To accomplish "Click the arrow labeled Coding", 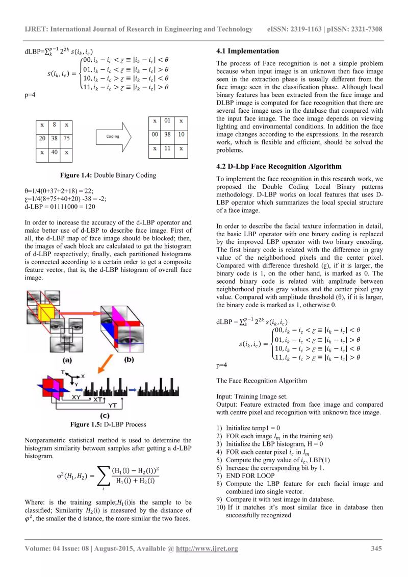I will [114, 136].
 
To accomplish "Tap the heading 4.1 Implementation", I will [247, 51].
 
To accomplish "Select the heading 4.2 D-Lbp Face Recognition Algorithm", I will [279, 166].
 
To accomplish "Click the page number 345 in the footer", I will [376, 548].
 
